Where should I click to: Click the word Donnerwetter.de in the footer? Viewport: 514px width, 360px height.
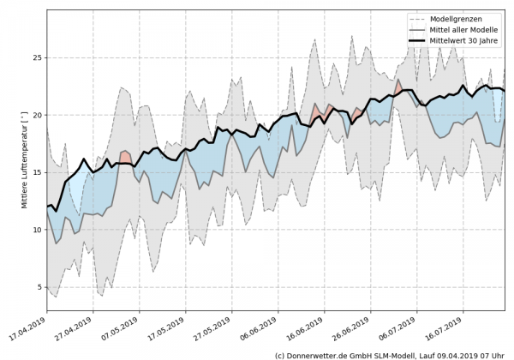tap(318, 354)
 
